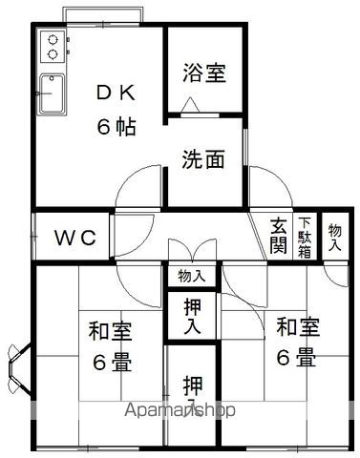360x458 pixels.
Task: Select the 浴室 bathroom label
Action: coord(204,72)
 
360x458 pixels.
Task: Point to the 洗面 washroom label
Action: coord(203,159)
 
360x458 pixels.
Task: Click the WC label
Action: coord(73,238)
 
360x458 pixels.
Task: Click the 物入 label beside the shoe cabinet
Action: coord(334,238)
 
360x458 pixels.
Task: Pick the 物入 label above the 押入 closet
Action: coord(191,276)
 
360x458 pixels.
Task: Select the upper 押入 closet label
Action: coord(191,315)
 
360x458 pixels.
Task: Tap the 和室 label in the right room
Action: coord(298,326)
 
